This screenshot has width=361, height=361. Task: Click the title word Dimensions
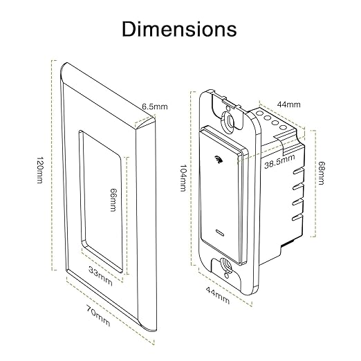179,29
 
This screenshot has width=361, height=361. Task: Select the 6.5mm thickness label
155,107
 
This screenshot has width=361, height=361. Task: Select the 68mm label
321,172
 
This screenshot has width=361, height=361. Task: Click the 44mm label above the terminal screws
289,104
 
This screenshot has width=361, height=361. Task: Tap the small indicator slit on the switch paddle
220,230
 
